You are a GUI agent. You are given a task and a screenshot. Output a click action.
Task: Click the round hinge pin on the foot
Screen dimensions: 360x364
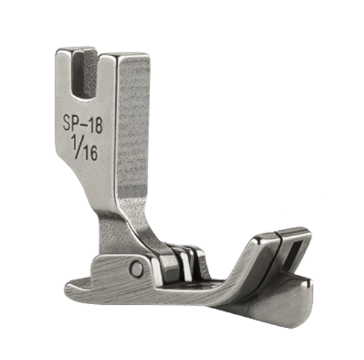point(137,268)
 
